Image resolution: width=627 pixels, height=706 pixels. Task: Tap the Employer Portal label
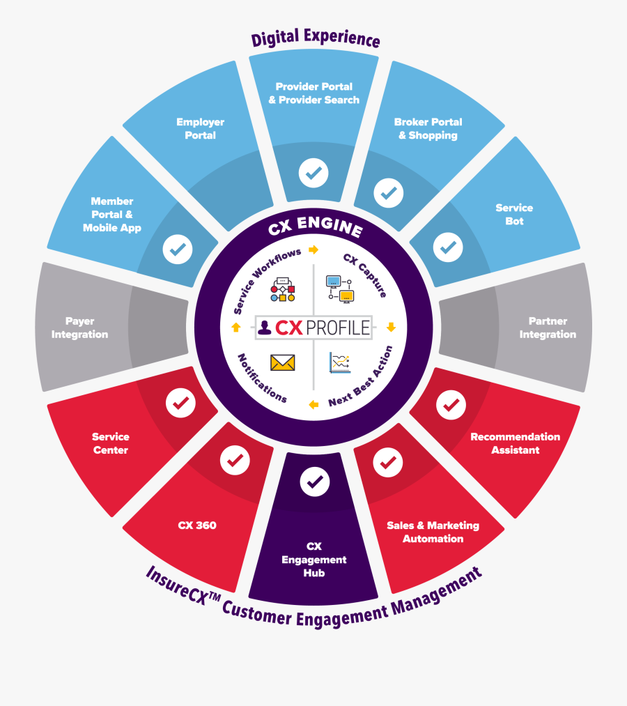click(x=200, y=129)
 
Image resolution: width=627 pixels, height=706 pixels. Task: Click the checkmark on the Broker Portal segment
click(x=388, y=192)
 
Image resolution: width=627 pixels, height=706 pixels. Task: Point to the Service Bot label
click(x=514, y=215)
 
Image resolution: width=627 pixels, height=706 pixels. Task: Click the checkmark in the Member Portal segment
click(x=178, y=248)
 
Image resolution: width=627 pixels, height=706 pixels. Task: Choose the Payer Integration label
click(x=79, y=328)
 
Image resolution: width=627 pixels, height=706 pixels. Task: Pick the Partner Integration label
click(x=548, y=328)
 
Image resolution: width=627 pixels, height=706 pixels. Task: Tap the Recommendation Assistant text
click(x=515, y=443)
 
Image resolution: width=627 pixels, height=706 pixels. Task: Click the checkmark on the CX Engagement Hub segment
click(x=315, y=480)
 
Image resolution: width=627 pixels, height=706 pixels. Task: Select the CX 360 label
click(x=197, y=525)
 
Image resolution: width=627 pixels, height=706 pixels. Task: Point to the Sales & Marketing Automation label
click(x=433, y=532)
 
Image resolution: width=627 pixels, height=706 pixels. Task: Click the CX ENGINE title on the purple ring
click(x=315, y=229)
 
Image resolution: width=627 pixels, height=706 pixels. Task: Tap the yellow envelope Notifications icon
click(x=282, y=362)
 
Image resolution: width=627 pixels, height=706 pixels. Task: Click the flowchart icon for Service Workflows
click(x=283, y=289)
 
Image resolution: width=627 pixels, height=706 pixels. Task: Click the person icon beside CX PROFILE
click(x=265, y=327)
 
